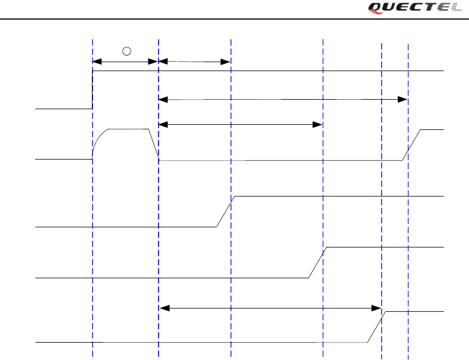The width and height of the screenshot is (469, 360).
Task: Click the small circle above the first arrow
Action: [x=127, y=52]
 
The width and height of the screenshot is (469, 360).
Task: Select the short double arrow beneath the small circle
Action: [x=125, y=61]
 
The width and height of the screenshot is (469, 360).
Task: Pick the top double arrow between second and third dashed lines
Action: [x=194, y=61]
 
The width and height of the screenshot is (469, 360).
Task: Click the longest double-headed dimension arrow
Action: [x=282, y=100]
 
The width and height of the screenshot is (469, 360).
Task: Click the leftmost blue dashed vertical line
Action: [x=92, y=224]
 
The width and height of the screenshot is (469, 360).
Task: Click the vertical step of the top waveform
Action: [x=92, y=90]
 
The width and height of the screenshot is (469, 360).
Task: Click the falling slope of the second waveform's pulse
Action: [x=154, y=144]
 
